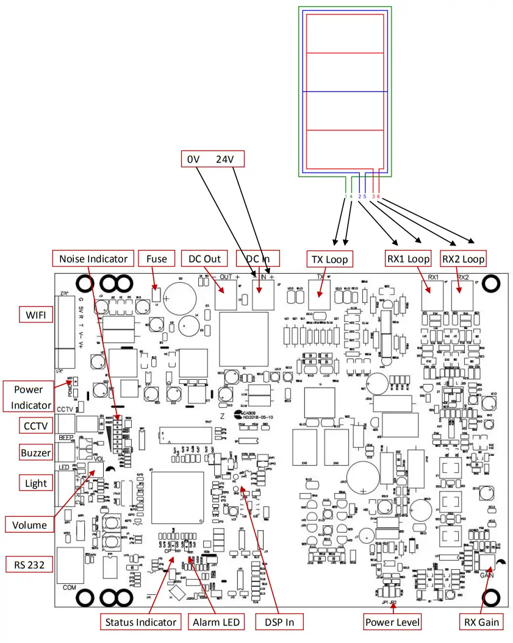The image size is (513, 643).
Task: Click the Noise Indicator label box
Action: (93, 259)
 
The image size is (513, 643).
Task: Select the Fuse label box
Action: (157, 259)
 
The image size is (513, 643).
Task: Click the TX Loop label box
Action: (329, 260)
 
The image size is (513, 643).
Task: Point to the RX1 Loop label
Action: (408, 259)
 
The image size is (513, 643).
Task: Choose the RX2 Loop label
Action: (463, 259)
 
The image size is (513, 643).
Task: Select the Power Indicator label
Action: (32, 396)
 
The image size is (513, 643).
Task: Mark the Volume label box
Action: (29, 525)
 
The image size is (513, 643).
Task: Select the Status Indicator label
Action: (141, 622)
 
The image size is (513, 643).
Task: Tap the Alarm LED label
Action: (215, 622)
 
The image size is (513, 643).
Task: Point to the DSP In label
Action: (278, 622)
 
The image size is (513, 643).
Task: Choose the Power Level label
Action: (392, 622)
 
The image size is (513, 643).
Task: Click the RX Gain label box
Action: (481, 622)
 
